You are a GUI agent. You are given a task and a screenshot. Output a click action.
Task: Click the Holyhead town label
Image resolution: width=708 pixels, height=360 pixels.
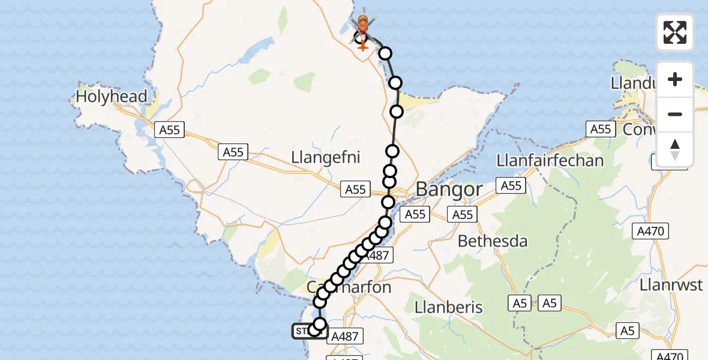[x=112, y=97]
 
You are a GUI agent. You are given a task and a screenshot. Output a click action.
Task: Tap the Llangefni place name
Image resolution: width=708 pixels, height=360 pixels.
[x=325, y=158]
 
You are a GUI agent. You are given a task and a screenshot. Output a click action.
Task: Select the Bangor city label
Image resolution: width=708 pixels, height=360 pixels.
[x=449, y=190]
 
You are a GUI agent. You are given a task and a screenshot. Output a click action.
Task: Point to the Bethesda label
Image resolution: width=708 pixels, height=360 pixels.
[x=493, y=241]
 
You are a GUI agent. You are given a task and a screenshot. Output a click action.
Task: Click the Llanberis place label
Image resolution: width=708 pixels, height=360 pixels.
[x=448, y=307]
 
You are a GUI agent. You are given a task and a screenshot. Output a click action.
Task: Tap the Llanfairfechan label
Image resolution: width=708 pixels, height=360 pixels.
[x=550, y=161]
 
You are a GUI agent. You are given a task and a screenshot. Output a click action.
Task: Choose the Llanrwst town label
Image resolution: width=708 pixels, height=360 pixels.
[x=671, y=284]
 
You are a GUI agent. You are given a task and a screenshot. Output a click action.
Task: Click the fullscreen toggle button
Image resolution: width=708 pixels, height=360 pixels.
[x=675, y=32]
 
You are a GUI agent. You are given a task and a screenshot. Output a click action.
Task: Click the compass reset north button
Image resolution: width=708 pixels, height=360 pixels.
[x=675, y=149]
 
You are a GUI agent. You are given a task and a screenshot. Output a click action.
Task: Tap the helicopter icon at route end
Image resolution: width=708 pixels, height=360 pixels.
[x=363, y=26]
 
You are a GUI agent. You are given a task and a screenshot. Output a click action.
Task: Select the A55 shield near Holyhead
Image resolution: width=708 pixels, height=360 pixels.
[x=170, y=130]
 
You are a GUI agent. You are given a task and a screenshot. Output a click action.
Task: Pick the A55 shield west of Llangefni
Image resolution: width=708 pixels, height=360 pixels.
[x=233, y=152]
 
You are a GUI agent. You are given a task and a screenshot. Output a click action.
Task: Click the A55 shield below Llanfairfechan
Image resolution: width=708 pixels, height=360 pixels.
[x=511, y=186]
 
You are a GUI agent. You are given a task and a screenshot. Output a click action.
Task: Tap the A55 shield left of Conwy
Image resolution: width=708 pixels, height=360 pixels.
[x=600, y=129]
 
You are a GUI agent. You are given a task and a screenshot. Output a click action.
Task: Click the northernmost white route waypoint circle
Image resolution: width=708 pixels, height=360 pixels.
[x=385, y=53]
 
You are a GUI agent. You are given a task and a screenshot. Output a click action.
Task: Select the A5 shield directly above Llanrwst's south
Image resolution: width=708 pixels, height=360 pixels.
[x=627, y=330]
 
